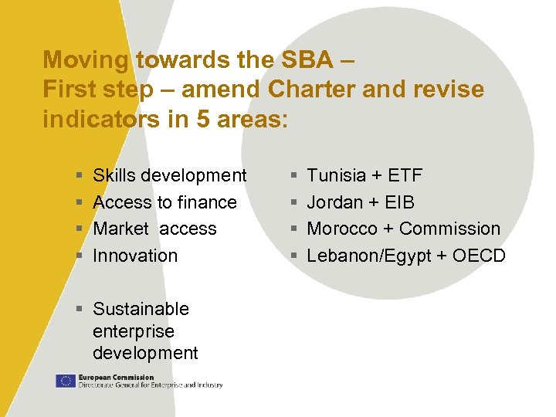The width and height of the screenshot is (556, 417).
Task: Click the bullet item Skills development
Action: (x=169, y=176)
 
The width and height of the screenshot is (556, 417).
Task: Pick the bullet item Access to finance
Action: (x=164, y=202)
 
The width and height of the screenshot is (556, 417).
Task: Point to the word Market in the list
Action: (x=122, y=229)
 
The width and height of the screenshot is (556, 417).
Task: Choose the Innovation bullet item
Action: (x=135, y=255)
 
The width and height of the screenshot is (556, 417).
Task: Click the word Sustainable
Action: (x=141, y=309)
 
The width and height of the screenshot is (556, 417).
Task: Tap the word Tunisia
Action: (x=336, y=176)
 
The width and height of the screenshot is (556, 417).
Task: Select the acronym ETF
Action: (x=405, y=176)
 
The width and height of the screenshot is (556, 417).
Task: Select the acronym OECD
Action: (x=479, y=256)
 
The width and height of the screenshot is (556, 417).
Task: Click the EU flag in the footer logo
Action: (x=66, y=381)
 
